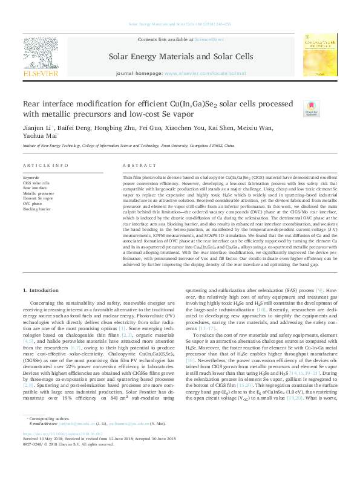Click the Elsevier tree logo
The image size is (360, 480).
[x=40, y=51]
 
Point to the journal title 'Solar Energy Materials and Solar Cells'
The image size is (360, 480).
[x=180, y=56]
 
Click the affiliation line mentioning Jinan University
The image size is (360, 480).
[x=128, y=146]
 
